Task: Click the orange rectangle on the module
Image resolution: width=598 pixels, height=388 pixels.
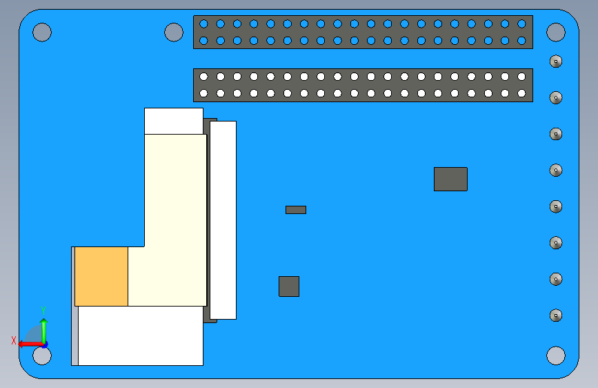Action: coord(101,276)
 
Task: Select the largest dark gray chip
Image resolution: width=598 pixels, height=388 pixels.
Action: coord(450,179)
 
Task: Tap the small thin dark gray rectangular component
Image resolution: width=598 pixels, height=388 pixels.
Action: coord(296,210)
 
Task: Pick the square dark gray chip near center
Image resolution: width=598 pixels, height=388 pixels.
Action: coord(289,287)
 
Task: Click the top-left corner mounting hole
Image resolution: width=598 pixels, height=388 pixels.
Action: coord(42,32)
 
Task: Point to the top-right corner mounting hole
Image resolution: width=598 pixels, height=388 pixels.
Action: coord(556,32)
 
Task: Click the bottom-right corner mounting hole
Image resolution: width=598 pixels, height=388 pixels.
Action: coord(556,356)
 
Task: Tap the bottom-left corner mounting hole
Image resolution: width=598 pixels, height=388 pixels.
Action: coord(42,356)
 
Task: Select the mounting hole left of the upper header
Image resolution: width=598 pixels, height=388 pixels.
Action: coord(174,32)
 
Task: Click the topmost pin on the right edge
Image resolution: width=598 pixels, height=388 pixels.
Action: coord(556,61)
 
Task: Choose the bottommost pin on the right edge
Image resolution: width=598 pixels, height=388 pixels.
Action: coord(556,316)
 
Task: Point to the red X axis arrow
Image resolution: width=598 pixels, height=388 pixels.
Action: coord(28,343)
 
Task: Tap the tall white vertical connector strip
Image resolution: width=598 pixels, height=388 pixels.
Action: coord(223,220)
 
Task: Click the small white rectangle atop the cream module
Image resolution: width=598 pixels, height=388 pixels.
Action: coord(174,121)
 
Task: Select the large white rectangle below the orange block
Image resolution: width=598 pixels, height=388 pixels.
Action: coord(141,336)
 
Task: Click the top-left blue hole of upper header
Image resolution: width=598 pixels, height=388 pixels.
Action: coord(203,23)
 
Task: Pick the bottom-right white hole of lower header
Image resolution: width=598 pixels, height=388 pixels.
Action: coord(522,93)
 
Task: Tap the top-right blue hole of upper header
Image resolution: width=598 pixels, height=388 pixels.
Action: coord(522,23)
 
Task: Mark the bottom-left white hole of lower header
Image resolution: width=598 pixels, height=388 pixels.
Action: coord(203,93)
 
